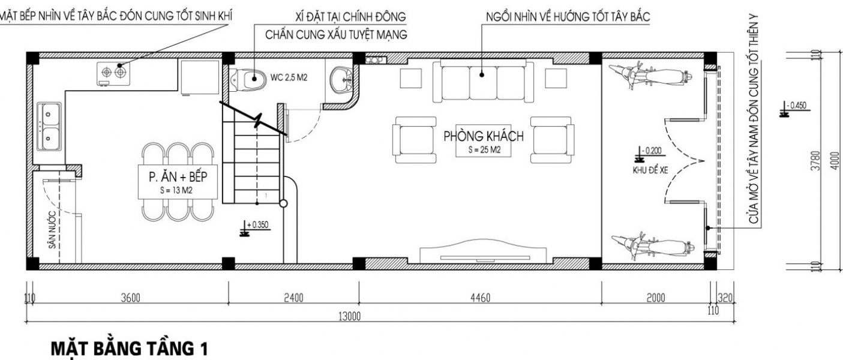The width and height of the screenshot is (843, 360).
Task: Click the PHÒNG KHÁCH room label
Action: tap(483, 136)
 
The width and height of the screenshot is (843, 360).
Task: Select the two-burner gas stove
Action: tap(113, 73)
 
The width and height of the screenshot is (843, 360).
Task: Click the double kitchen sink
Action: tap(49, 126)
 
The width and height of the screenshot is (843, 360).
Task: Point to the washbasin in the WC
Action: tap(341, 80)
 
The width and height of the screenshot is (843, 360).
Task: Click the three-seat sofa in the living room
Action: tap(483, 80)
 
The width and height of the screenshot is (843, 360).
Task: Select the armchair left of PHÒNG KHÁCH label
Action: tap(415, 140)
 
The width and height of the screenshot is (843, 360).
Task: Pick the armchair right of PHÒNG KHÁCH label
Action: tap(552, 140)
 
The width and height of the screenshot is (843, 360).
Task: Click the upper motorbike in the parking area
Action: tap(650, 76)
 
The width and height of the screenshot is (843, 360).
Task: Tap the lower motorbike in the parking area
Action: tap(653, 247)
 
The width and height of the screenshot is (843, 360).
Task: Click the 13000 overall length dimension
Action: tap(349, 316)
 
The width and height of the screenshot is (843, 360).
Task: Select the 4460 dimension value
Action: tap(480, 298)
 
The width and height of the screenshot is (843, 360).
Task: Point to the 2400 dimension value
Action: tap(293, 298)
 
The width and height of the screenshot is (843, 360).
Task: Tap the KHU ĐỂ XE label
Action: tap(650, 170)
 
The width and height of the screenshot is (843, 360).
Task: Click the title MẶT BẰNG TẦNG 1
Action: tap(130, 349)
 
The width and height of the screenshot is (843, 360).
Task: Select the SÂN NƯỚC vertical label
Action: tap(52, 230)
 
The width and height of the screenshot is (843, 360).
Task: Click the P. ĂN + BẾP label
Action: tap(178, 177)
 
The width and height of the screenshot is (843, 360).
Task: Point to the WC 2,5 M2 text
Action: tap(289, 78)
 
